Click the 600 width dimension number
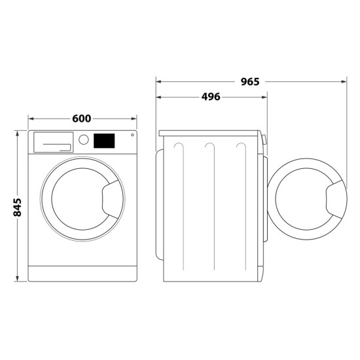(x=81, y=118)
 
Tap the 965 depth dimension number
(x=249, y=82)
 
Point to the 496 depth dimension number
(x=209, y=97)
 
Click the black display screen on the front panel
(x=105, y=141)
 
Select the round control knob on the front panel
(x=83, y=140)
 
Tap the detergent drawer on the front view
(x=53, y=141)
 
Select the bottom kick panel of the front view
(x=82, y=271)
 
